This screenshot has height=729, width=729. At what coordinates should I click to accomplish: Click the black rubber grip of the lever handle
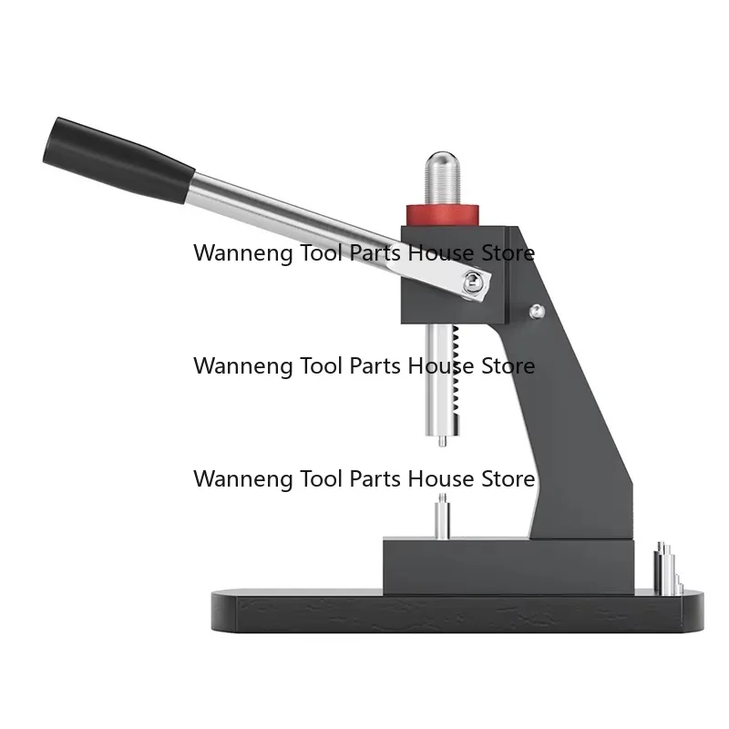pyautogui.click(x=118, y=160)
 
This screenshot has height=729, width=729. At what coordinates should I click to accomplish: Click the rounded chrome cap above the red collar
pyautogui.click(x=443, y=177)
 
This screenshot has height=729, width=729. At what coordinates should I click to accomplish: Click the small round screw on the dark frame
pyautogui.click(x=537, y=311)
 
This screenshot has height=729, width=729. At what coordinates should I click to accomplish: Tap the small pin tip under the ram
pyautogui.click(x=443, y=440)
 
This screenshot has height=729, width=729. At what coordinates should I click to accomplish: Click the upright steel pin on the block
pyautogui.click(x=442, y=516)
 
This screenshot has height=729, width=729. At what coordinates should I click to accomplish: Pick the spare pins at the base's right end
pyautogui.click(x=668, y=569)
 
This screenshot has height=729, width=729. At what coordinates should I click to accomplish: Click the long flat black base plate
pyautogui.click(x=457, y=611)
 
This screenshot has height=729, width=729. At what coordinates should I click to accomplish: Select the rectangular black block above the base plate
pyautogui.click(x=508, y=566)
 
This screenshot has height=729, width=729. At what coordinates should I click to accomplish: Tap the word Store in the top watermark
pyautogui.click(x=508, y=253)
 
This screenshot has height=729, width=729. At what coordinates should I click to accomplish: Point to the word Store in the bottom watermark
pyautogui.click(x=508, y=479)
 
